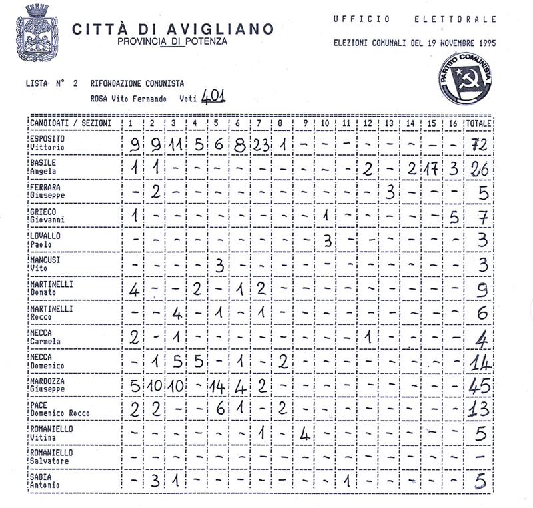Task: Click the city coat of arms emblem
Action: coord(37,33)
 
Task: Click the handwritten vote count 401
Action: coord(213,97)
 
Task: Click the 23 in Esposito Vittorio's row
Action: coord(261,145)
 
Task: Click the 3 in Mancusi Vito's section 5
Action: coord(219,264)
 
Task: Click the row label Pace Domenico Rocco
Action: coord(59,409)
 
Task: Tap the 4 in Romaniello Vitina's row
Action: coord(304,433)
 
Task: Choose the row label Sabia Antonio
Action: coord(45,481)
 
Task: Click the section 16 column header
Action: coord(453,124)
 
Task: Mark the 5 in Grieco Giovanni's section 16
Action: coord(454,216)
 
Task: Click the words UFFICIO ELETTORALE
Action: coord(414,19)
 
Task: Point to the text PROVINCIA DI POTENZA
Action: coord(172,41)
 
